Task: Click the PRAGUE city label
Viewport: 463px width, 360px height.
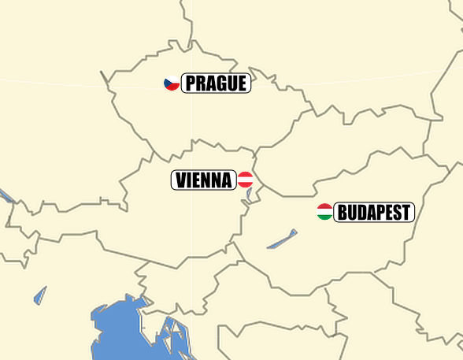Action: pos(216,83)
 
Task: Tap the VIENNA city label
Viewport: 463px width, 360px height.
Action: pos(204,180)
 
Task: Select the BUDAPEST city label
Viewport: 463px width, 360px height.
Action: pos(374,212)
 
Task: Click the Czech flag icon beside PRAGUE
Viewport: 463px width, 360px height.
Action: pos(172,83)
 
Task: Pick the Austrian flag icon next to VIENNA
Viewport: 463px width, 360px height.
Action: pos(245,180)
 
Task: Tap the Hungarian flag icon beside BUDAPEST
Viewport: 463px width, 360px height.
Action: pos(324,211)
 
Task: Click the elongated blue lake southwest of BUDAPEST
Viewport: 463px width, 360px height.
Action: pos(282,239)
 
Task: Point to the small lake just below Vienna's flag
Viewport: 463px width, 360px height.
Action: pos(249,193)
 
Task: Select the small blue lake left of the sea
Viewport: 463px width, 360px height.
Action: pos(40,295)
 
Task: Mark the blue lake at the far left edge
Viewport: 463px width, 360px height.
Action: pos(6,195)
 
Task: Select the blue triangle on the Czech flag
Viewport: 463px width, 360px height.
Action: pos(167,83)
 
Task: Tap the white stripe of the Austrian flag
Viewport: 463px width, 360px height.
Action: pos(245,180)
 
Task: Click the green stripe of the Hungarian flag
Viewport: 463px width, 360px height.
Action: pos(324,217)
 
